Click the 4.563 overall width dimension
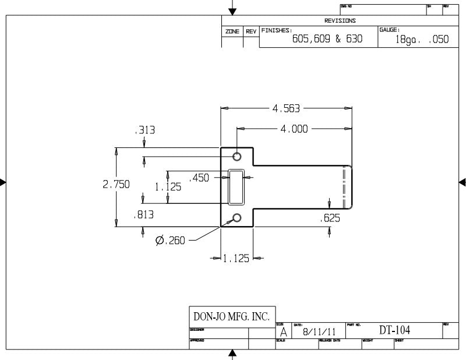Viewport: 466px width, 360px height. point(287,108)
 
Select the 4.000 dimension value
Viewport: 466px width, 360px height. point(294,129)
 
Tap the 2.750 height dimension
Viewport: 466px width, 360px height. point(116,184)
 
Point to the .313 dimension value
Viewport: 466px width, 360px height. point(144,130)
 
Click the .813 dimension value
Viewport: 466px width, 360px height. point(143,214)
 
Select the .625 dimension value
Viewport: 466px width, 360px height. point(330,218)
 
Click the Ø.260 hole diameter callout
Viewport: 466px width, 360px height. point(170,240)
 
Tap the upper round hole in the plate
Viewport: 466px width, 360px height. point(237,156)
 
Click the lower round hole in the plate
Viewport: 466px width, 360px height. point(237,218)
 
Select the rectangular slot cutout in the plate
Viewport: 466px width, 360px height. point(237,187)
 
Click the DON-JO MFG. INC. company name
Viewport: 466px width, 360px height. point(231,317)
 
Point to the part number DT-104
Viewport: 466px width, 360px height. point(394,330)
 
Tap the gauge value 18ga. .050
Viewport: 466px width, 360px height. point(422,40)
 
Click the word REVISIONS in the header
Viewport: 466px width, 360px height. point(340,20)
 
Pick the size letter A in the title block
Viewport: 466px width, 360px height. point(283,331)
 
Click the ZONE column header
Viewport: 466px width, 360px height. point(232,31)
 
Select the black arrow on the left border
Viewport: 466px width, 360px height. point(3,182)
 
